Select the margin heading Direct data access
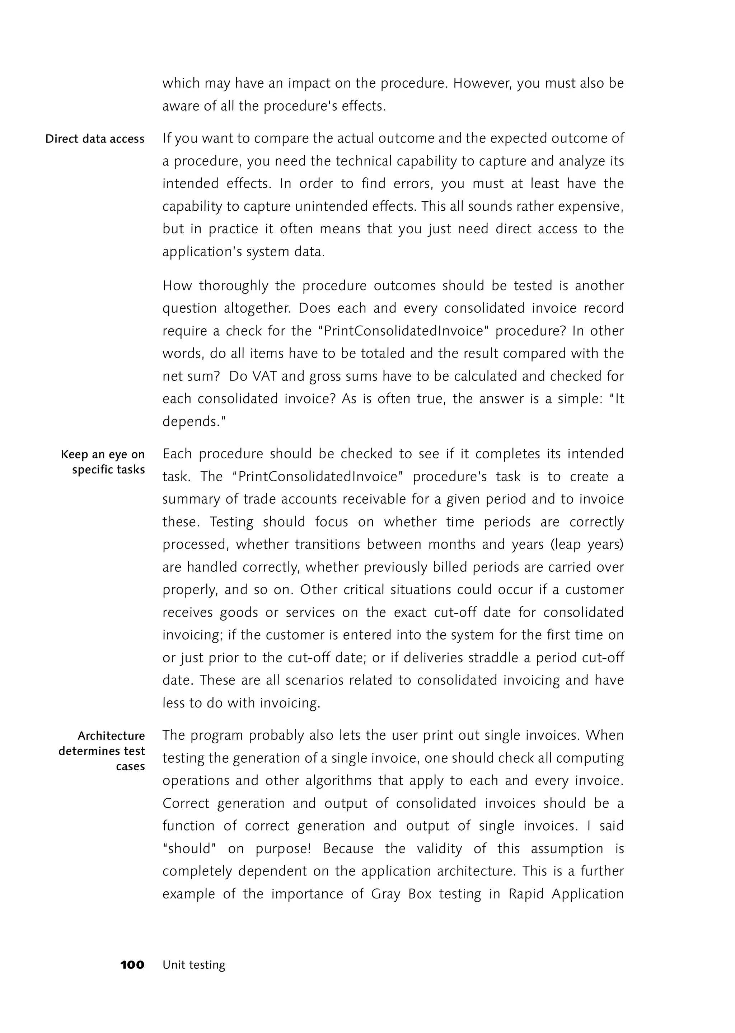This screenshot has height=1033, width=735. click(x=95, y=139)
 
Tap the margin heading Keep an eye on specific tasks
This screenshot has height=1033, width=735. click(x=103, y=462)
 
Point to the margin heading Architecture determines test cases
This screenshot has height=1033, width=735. click(x=102, y=751)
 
